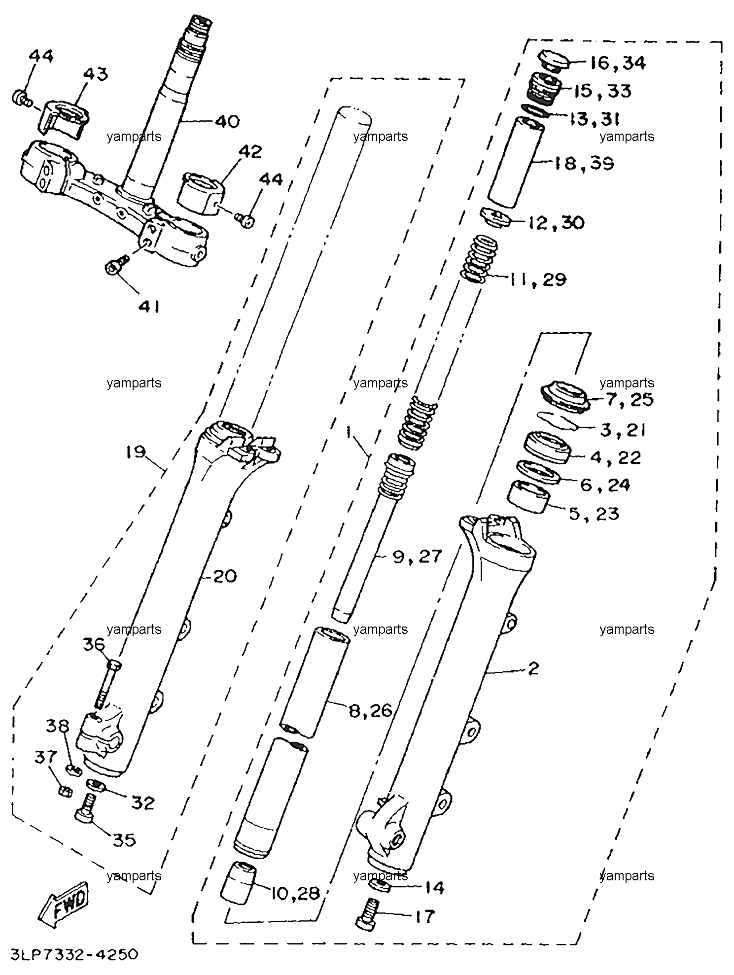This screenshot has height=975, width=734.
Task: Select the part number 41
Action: [148, 307]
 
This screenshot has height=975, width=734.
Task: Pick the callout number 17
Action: [425, 916]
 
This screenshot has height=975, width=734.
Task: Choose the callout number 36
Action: [94, 644]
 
